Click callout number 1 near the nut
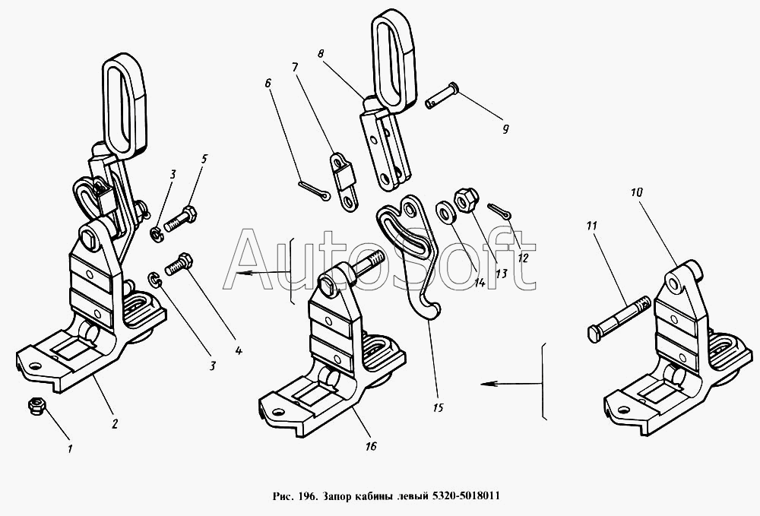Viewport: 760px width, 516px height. click(x=70, y=448)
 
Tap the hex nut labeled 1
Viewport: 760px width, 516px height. click(x=35, y=407)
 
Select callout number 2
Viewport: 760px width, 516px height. click(x=115, y=424)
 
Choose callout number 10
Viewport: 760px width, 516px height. click(x=636, y=193)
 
